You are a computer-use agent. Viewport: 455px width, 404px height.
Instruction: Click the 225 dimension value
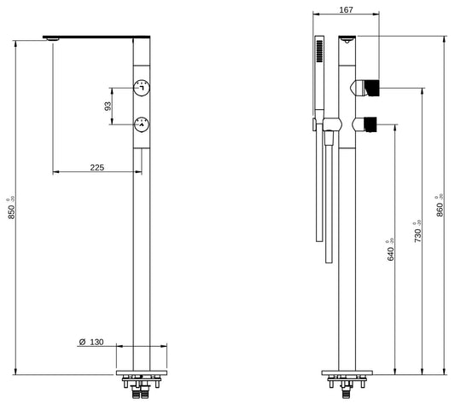click(96, 168)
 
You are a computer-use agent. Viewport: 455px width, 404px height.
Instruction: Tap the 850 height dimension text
click(12, 209)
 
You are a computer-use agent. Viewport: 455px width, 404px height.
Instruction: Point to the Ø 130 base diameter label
click(90, 342)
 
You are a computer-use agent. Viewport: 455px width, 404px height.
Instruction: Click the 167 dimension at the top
click(346, 10)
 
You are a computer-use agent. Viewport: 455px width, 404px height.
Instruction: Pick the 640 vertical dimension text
click(391, 250)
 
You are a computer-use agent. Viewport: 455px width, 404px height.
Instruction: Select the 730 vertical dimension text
click(417, 233)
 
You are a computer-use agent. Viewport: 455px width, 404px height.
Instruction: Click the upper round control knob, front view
click(141, 87)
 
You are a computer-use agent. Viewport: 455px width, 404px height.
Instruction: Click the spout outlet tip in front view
click(53, 38)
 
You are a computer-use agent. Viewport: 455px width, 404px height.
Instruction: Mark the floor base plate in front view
click(141, 372)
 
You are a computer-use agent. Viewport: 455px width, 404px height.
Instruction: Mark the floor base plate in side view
click(346, 372)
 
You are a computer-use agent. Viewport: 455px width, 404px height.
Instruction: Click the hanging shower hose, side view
click(322, 188)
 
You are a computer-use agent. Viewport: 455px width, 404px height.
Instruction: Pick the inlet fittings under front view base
click(141, 388)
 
